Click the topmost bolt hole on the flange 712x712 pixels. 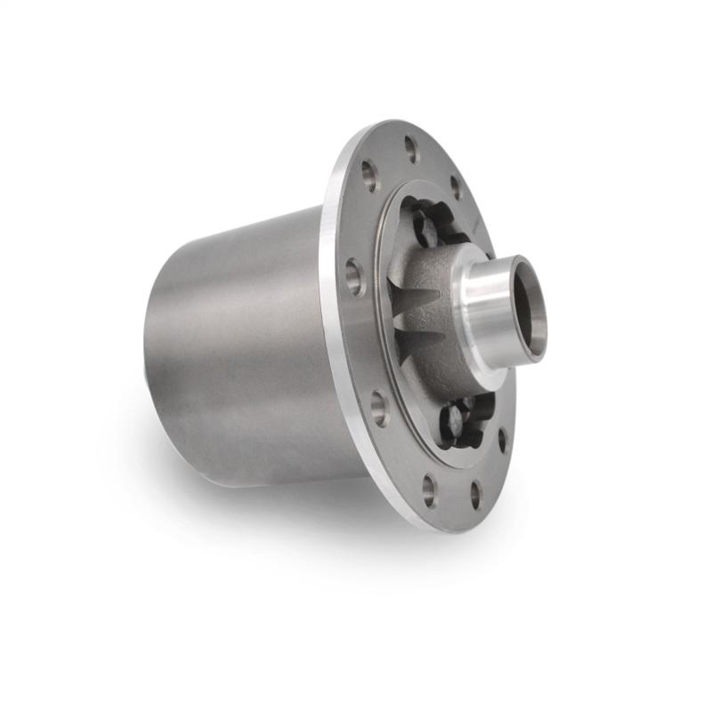click(x=411, y=149)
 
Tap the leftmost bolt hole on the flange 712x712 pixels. click(x=354, y=277)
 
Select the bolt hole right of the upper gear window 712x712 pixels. click(x=457, y=188)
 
